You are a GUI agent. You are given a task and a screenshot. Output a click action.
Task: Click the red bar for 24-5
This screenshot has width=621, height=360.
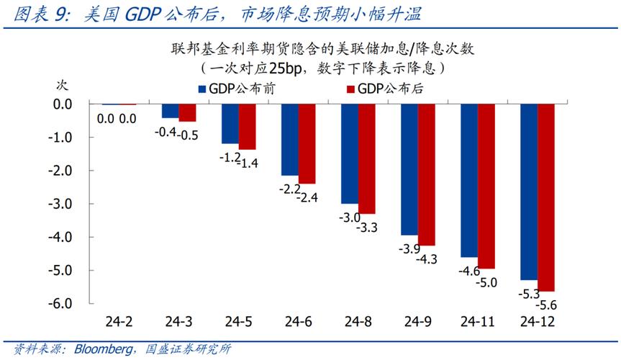click(248, 127)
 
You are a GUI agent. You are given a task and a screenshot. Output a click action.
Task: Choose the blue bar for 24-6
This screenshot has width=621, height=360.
click(290, 140)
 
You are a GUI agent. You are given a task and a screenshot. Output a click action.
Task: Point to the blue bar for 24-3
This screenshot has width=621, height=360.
click(171, 111)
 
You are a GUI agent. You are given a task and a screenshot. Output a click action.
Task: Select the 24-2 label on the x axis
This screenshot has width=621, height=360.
click(117, 321)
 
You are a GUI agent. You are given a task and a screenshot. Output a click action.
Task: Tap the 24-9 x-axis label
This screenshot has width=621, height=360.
click(417, 321)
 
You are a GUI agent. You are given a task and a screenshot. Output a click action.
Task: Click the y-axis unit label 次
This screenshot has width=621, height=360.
click(62, 84)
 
